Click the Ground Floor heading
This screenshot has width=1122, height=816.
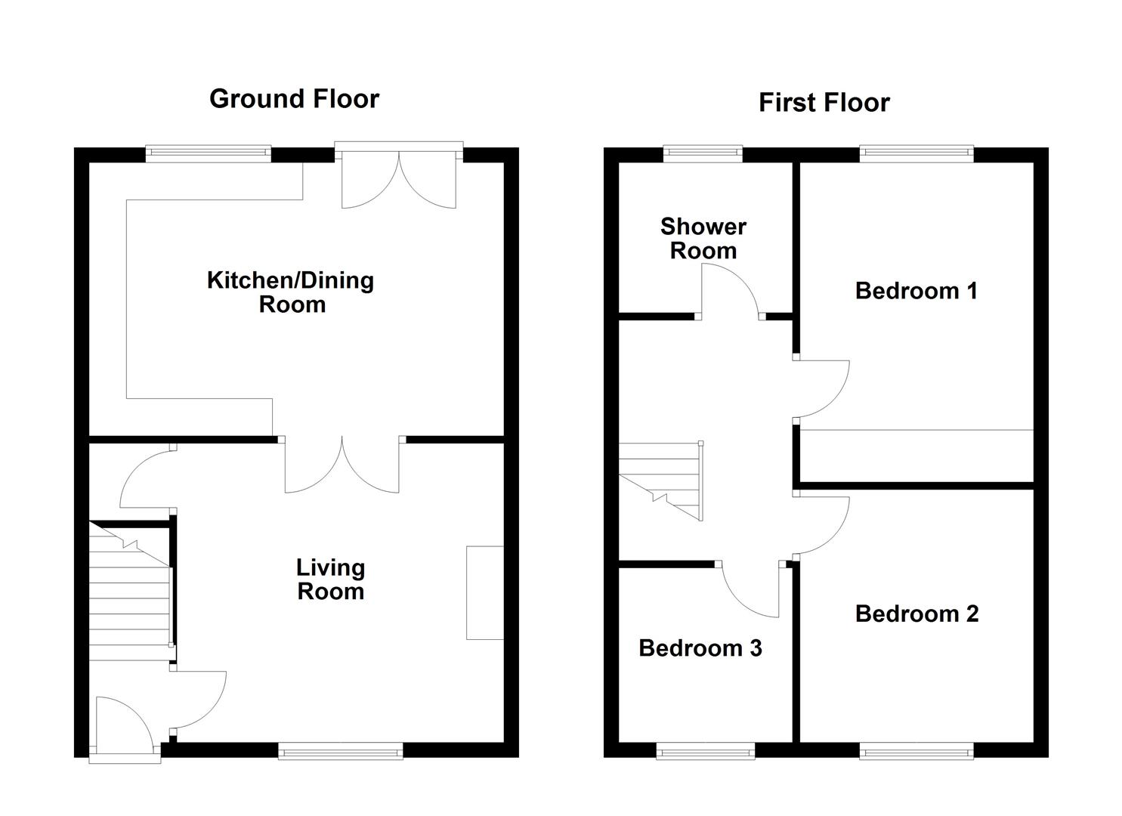click(294, 99)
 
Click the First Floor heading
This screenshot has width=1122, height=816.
click(824, 102)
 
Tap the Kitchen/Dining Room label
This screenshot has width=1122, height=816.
click(291, 292)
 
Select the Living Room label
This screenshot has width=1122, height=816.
click(331, 580)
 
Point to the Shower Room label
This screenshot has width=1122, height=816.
click(703, 239)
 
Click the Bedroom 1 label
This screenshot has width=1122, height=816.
click(916, 291)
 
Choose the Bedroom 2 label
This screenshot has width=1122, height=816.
click(916, 614)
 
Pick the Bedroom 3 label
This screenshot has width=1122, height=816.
click(700, 648)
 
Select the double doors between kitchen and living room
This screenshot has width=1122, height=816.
click(342, 465)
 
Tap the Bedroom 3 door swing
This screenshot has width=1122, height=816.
click(750, 590)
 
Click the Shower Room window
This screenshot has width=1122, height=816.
click(703, 154)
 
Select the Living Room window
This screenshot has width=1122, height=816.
click(341, 750)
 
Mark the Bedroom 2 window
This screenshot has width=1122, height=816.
click(916, 750)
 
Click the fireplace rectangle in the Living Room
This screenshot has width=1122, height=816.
click(485, 592)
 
